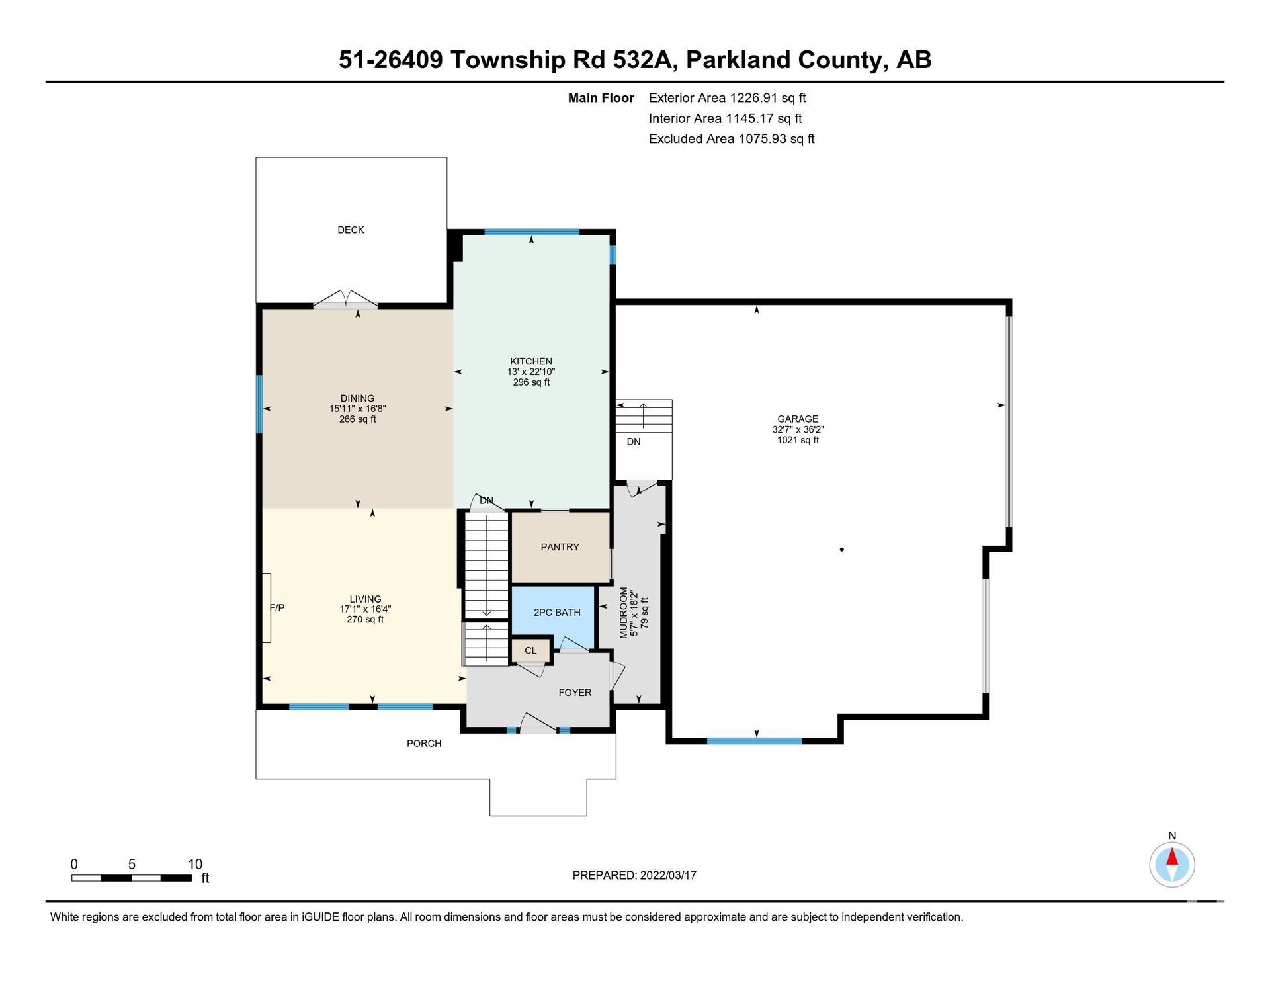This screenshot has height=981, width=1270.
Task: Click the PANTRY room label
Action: point(560,547)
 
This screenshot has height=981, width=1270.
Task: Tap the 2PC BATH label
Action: point(557,613)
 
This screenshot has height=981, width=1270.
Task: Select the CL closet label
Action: point(530,651)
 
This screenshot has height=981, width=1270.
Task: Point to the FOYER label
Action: point(575,693)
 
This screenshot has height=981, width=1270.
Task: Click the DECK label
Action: point(351,230)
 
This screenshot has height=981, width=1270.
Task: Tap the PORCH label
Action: point(424,744)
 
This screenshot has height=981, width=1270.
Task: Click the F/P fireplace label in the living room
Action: point(277,607)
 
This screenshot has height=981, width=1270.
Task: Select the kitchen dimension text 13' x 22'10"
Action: point(531,372)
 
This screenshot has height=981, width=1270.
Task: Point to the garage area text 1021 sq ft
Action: point(798,440)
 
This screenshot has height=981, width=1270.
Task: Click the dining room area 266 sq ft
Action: point(358,419)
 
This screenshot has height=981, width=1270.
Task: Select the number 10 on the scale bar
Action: point(195,864)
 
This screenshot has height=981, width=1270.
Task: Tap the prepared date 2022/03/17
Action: point(668,875)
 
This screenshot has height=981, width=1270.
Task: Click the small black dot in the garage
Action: point(841,549)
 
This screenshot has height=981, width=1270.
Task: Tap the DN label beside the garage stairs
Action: point(634,442)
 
